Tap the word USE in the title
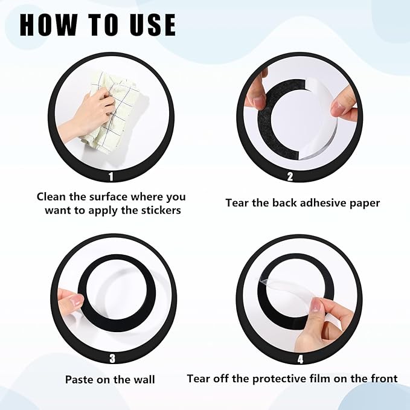tap(153, 25)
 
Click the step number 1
tap(111, 177)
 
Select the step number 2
tap(290, 177)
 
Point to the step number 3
tap(112, 358)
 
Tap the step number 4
tap(300, 359)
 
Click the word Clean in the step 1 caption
tap(51, 197)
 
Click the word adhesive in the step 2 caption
tap(323, 203)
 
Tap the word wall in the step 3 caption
tap(145, 379)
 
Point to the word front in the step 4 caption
tap(384, 379)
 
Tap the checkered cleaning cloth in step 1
tap(115, 112)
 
